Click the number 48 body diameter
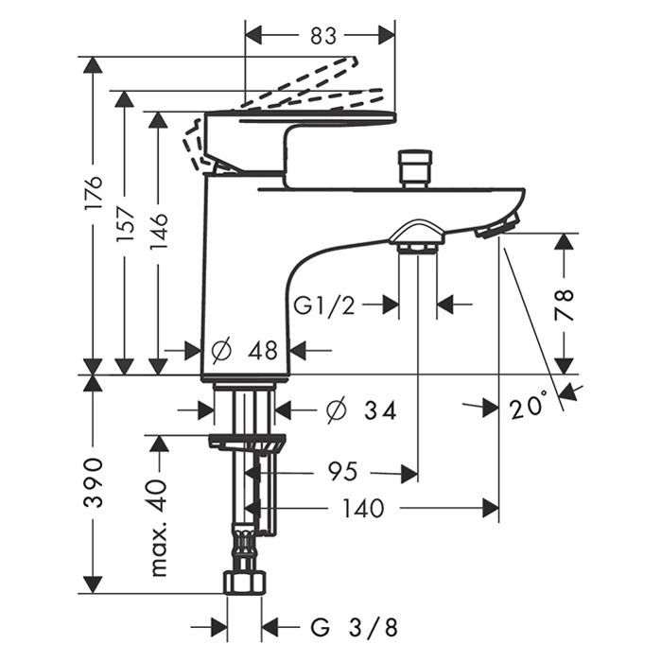point(261,351)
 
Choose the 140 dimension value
point(362,509)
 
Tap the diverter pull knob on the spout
point(413,166)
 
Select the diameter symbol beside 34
point(334,410)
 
